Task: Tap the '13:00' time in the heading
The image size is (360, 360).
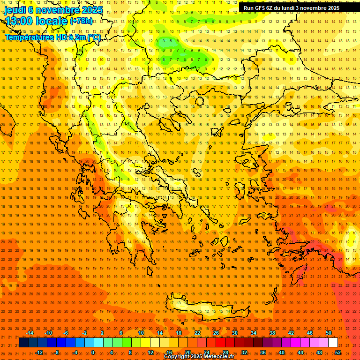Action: (x=19, y=21)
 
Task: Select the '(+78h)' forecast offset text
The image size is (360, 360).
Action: (x=82, y=21)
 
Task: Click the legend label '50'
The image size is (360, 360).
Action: (x=329, y=333)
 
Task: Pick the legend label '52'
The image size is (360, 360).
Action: (x=338, y=352)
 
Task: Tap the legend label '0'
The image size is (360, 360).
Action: (x=93, y=352)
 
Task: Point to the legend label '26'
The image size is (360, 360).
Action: (x=216, y=333)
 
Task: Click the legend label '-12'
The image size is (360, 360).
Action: (x=39, y=352)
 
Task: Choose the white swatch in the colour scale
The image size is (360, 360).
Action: (x=333, y=343)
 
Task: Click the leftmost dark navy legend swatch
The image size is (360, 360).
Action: (x=24, y=343)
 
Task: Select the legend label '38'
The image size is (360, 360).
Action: (x=272, y=333)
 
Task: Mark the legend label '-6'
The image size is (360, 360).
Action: (x=66, y=333)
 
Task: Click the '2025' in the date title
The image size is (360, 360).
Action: (x=92, y=10)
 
